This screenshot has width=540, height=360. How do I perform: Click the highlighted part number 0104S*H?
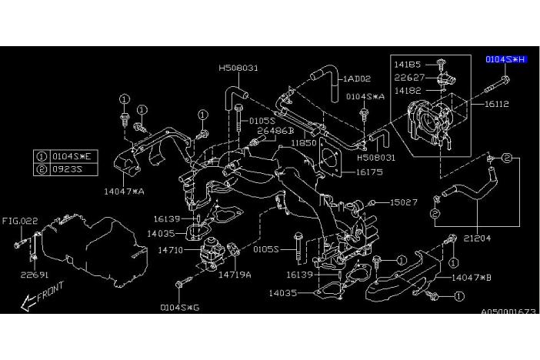[506, 59]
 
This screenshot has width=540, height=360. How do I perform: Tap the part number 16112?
[499, 102]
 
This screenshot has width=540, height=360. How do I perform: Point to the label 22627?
[408, 76]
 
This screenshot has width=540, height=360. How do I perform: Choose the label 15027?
[403, 202]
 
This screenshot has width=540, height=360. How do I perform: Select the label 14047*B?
[472, 276]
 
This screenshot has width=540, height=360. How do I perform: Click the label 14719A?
[234, 274]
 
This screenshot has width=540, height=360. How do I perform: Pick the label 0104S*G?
[178, 307]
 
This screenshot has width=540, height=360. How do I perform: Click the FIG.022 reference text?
[18, 221]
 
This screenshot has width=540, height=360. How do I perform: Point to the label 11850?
[303, 143]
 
